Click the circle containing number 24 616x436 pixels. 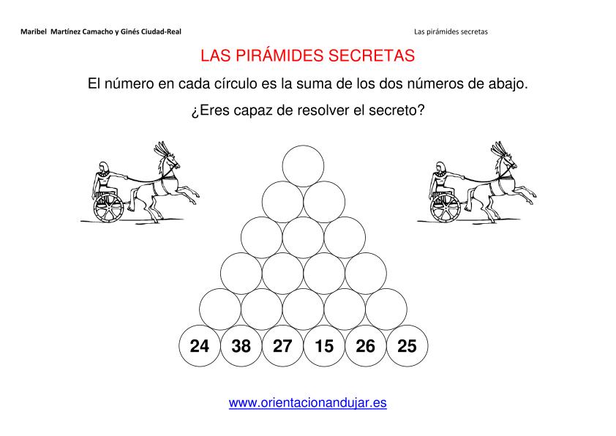(x=200, y=346)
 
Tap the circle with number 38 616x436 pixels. (x=241, y=346)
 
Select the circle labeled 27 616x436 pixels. (x=282, y=346)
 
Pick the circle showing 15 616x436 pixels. (x=324, y=346)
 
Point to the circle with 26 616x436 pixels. (x=366, y=346)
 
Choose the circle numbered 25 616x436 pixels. (x=407, y=346)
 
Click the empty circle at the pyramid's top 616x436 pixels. (x=304, y=166)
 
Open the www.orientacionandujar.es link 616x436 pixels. (x=307, y=402)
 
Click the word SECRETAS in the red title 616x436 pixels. (x=372, y=56)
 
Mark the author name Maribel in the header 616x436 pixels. (x=34, y=31)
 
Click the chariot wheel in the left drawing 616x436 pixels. (x=108, y=208)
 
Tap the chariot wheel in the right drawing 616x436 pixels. (x=446, y=208)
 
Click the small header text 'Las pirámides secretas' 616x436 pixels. (x=451, y=31)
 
